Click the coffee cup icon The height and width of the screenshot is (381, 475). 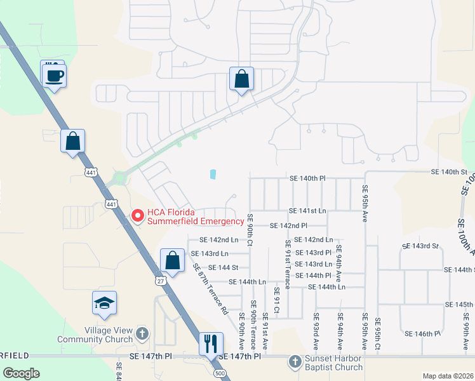54,76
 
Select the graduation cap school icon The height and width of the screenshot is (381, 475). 104,304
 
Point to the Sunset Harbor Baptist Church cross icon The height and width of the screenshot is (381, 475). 294,361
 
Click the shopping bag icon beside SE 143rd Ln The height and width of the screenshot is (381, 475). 172,260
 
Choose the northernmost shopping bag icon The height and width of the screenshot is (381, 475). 241,80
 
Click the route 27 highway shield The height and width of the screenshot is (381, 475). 160,279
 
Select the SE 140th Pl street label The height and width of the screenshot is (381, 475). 307,179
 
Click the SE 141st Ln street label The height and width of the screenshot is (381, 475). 307,211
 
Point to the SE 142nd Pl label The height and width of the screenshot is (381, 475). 288,225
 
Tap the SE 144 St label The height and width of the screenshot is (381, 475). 223,268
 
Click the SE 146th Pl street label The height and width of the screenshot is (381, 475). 422,333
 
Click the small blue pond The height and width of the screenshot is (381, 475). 213,173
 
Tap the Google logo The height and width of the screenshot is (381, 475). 22,373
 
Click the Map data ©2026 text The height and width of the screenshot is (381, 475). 448,376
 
